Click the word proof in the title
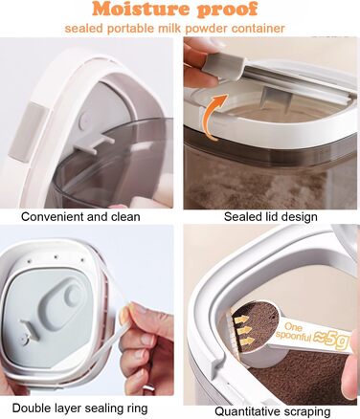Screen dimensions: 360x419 227,11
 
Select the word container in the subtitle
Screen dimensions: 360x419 258,29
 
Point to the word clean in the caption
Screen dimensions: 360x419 125,217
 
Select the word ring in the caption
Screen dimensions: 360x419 136,408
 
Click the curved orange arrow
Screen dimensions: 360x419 211,117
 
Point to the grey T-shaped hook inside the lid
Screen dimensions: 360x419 94,143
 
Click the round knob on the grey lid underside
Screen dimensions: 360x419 73,295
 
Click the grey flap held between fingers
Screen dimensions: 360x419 223,69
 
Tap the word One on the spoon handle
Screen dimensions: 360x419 293,326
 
